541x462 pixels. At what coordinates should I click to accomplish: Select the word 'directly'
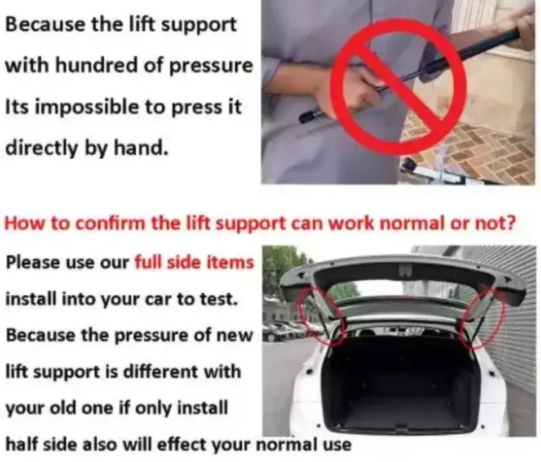41,149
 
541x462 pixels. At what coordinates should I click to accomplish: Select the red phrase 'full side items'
194,262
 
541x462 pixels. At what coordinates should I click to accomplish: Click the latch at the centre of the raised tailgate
406,270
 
